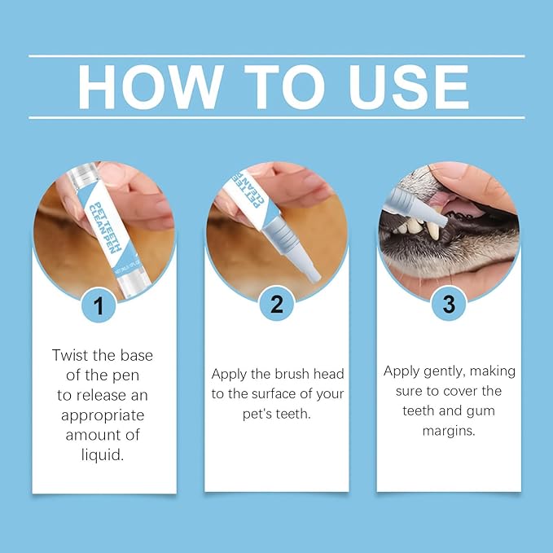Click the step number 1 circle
pos(99,305)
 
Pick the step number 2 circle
pos(276,305)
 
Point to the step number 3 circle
pos(448,305)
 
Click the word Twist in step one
pos(69,355)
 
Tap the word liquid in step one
pos(103,454)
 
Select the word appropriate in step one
pos(103,415)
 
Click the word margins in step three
pos(449,430)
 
